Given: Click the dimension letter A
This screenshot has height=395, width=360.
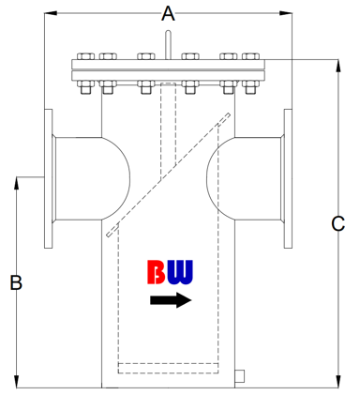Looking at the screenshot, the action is pos(168,14).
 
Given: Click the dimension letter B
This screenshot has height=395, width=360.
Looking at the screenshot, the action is pos(16,282).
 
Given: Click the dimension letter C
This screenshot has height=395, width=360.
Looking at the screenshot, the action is pos(337,223).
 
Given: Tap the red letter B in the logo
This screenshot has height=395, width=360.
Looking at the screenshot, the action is pos(157,272).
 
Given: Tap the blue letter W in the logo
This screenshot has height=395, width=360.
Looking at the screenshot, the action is pos(180,272).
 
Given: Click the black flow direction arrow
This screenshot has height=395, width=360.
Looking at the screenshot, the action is pos(171,300).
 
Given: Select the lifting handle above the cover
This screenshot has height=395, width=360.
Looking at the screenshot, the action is pos(168,44).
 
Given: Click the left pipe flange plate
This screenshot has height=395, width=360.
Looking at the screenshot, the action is pos(48,178).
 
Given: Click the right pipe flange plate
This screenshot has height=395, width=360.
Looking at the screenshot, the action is pos(288,178).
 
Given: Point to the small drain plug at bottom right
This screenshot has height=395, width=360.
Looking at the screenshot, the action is pos(239,376).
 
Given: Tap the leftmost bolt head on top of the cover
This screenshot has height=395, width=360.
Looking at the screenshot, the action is pos(86,56).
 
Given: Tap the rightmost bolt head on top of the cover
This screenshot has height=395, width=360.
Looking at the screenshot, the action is pos(250,56).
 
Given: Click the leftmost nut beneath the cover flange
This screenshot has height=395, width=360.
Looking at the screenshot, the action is pos(86,87).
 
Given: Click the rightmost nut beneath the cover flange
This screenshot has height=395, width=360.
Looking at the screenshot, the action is pos(250,87).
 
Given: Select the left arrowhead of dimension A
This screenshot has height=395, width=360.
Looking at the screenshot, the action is pos(51,13).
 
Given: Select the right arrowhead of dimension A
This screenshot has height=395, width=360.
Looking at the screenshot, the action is pos(286,13).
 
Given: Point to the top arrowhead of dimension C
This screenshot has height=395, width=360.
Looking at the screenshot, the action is pos(337,66).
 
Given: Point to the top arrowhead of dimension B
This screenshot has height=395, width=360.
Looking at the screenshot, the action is pos(16,183).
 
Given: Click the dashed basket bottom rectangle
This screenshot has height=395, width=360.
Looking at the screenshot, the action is pos(168,368).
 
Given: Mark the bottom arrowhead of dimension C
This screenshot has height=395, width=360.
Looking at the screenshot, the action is pos(337,382).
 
